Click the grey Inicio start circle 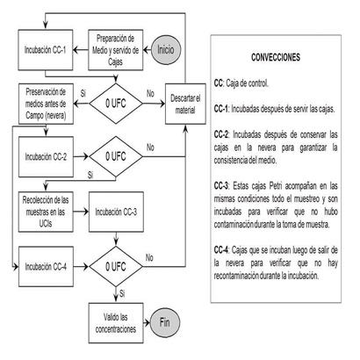(166, 50)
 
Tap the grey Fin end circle (165, 322)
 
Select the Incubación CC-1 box (46, 50)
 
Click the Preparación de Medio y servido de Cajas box (116, 50)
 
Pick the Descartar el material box (185, 104)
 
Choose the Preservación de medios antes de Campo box (46, 104)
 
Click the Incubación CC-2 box (46, 157)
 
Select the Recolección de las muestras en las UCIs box (46, 212)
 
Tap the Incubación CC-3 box (116, 212)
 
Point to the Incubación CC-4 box (46, 267)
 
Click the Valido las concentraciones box (116, 323)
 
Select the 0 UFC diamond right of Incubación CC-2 (116, 157)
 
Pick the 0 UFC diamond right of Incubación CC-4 (116, 267)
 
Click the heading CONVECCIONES (276, 57)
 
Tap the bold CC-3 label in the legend (221, 186)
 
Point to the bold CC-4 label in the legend (221, 250)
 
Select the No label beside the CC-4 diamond (149, 258)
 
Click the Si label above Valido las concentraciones (122, 293)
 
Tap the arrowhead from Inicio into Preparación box (146, 50)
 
